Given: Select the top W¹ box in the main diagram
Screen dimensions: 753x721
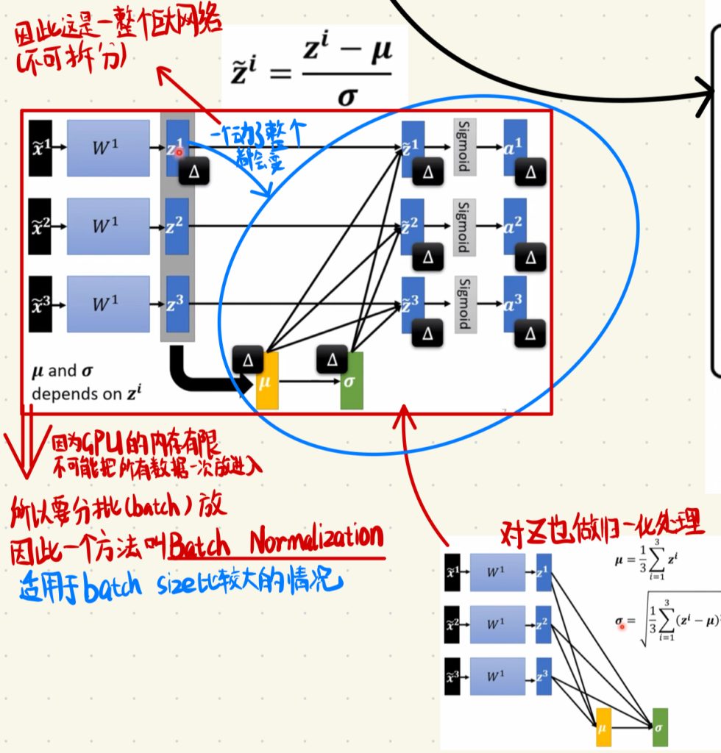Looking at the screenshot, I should point(102,148).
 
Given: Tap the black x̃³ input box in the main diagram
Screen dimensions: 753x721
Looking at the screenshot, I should point(40,304).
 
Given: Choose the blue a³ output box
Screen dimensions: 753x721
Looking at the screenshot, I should point(515,302).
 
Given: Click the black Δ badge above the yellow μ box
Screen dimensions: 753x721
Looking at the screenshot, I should point(248,360).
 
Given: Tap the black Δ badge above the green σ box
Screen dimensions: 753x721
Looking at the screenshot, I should point(333,360).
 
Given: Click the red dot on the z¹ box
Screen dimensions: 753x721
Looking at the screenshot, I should point(179,153).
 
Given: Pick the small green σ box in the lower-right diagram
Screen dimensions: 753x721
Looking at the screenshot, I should point(660,726).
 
